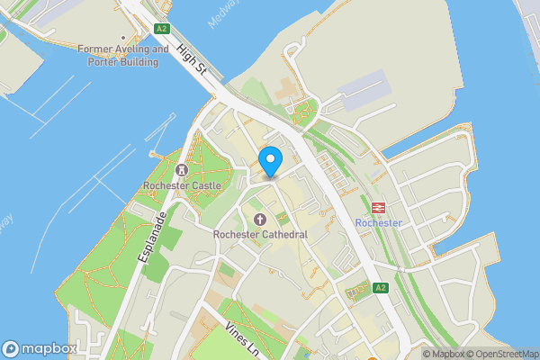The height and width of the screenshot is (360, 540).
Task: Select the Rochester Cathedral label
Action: pos(260,235)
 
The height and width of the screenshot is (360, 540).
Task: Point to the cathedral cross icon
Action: pos(260,220)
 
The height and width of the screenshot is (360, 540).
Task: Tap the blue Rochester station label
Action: pos(378,223)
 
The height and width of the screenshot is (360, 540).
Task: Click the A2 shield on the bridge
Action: pos(161,29)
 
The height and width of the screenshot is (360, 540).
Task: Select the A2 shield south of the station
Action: pos(380,288)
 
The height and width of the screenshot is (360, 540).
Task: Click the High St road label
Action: pos(193,61)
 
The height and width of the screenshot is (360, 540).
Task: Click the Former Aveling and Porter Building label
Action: pos(123,56)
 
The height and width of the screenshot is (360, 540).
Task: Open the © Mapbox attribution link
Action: pos(444,354)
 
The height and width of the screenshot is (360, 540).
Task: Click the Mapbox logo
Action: pos(40,348)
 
